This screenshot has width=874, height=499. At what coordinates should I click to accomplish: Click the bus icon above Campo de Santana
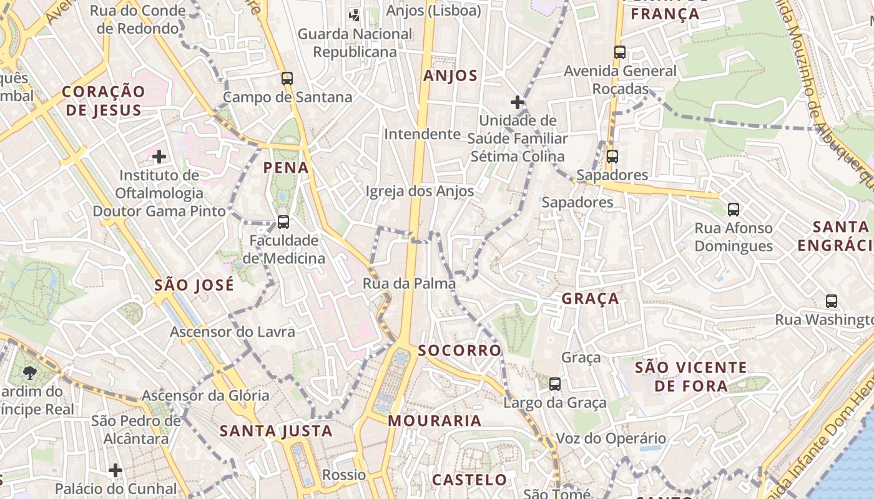pos(287,79)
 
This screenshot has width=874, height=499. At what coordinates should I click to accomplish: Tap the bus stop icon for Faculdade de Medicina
pos(283,221)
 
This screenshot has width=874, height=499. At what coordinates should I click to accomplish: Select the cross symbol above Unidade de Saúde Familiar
pos(518,102)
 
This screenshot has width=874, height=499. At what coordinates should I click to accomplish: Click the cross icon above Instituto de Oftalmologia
pos(160,156)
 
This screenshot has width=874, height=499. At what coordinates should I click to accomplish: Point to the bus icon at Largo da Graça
pos(555,384)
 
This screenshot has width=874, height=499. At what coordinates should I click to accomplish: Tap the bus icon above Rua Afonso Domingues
pos(734,210)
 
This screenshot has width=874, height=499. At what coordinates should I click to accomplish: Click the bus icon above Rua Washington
pos(832,301)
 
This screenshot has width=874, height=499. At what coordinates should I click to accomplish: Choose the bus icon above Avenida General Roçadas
pos(620,52)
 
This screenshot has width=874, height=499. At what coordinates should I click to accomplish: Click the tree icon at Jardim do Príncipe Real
pos(29,373)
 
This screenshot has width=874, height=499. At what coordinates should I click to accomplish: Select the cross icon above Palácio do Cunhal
pos(115,470)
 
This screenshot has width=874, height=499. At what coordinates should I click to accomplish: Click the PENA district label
pos(286,167)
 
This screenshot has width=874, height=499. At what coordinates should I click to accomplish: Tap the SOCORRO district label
pos(459,351)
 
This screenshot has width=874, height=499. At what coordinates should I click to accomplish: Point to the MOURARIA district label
pos(435,421)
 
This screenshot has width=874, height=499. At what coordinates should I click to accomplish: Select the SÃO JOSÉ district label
pos(194,285)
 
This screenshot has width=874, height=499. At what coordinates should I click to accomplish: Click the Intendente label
pos(422,134)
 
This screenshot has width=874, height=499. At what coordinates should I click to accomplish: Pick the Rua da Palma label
pos(409,284)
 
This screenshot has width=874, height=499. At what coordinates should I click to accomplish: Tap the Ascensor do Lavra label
pos(232,332)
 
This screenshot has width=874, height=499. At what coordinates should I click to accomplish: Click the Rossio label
pos(344,475)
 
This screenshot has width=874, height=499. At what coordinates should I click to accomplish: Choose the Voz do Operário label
pos(611,438)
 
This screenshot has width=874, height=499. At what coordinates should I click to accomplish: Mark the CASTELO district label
pos(469,480)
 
